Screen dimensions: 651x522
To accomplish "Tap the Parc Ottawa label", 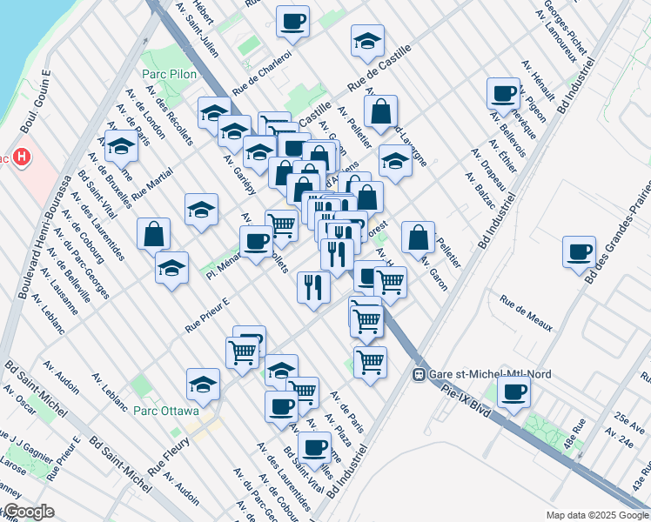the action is (168, 411).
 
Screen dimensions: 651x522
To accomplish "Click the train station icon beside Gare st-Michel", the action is (419, 374).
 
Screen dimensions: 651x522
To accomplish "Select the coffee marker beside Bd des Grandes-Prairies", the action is (579, 252).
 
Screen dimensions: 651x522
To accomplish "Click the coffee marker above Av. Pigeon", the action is (503, 93).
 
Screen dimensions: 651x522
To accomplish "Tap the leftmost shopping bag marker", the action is (154, 233).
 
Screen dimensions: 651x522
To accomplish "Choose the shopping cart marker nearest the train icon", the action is (371, 360).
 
